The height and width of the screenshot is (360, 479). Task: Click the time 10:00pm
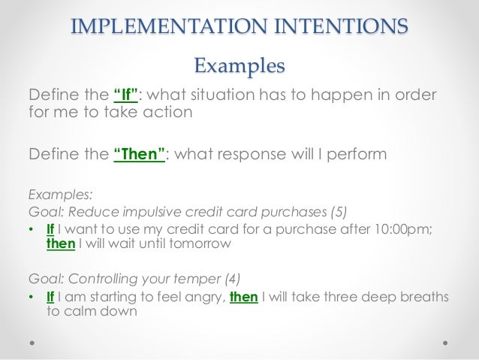[x=411, y=228]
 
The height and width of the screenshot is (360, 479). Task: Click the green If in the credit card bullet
[x=51, y=228]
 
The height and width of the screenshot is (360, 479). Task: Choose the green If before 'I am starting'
[x=51, y=296]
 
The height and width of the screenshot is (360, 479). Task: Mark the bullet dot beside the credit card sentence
[x=30, y=229]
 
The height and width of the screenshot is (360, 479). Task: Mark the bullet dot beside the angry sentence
[x=30, y=297]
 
